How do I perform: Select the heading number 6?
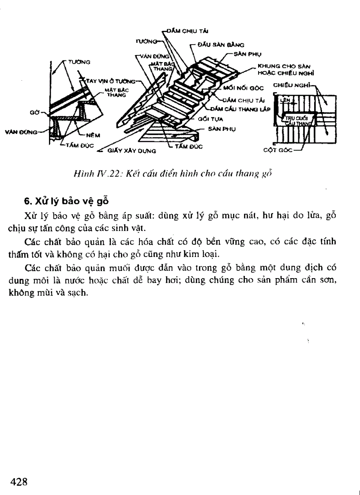pos(26,201)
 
